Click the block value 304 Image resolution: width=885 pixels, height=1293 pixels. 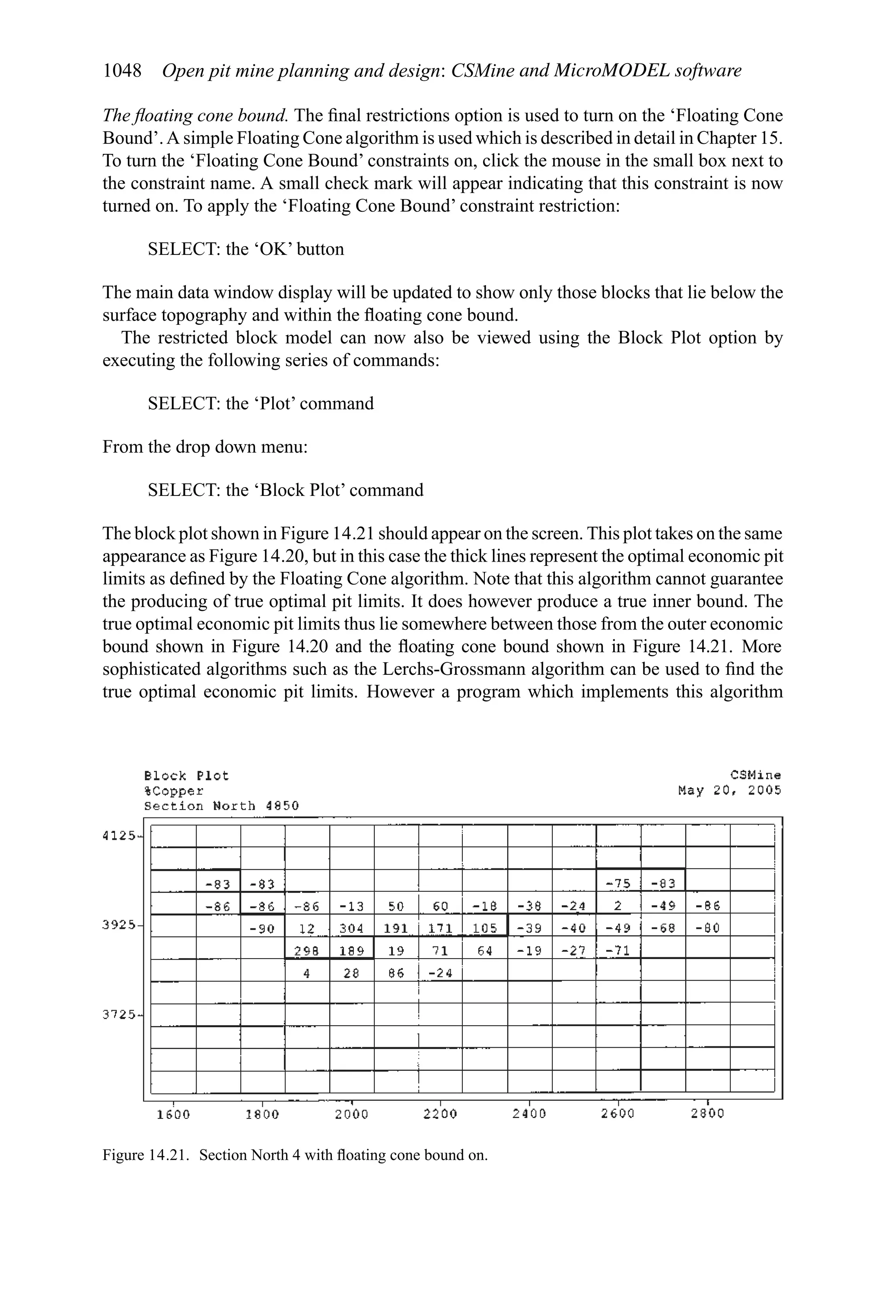352,928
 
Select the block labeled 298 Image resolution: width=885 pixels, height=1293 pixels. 307,951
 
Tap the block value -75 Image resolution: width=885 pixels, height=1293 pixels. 618,884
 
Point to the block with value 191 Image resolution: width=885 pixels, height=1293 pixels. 396,928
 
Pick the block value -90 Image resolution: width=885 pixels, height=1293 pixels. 262,928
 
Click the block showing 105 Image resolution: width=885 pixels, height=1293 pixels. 484,928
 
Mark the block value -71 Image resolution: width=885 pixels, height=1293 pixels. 618,951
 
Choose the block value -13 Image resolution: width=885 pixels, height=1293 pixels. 352,906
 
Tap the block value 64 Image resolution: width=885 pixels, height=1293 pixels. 485,951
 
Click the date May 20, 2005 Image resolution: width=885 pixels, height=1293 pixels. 729,791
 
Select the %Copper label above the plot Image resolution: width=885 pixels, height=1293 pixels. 174,791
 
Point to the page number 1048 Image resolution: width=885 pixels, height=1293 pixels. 122,71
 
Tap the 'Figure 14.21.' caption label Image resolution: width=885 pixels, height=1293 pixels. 145,1155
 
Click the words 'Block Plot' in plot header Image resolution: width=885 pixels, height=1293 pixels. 186,775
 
